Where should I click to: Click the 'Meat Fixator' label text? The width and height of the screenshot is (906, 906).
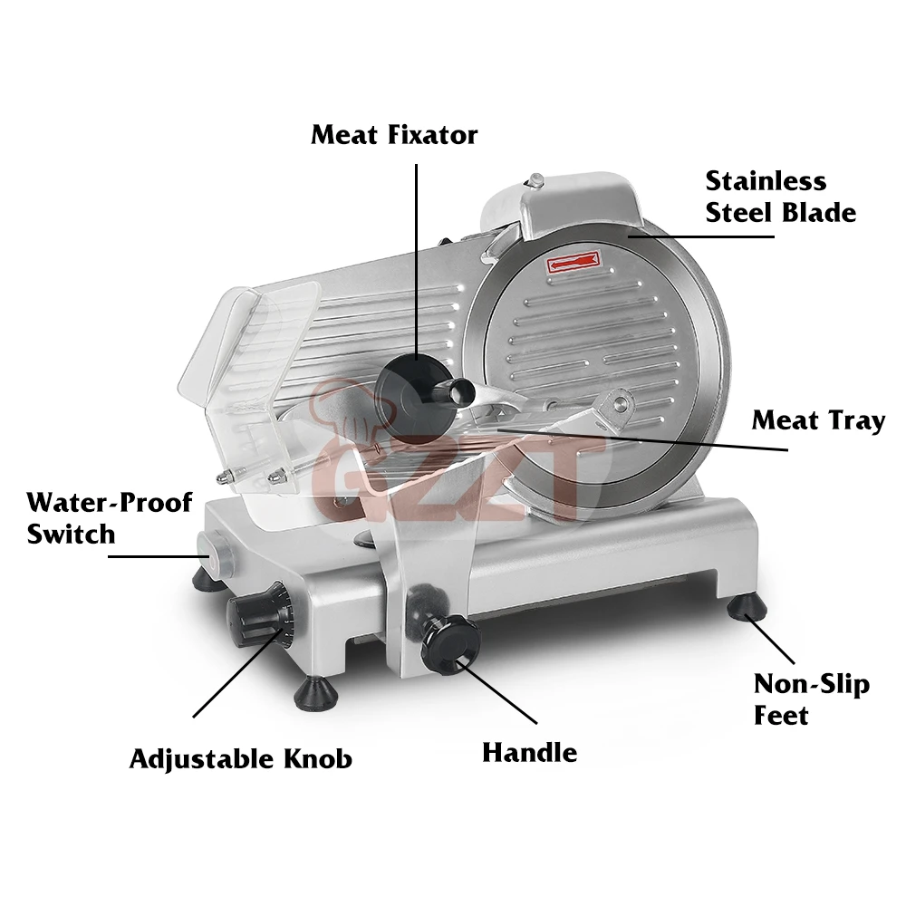pyautogui.click(x=393, y=136)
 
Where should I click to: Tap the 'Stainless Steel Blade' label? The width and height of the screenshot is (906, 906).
pyautogui.click(x=780, y=197)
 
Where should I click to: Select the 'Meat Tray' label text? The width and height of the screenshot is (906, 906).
pyautogui.click(x=818, y=421)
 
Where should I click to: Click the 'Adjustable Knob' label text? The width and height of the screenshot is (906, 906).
pyautogui.click(x=240, y=757)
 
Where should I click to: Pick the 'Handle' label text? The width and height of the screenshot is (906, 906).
pyautogui.click(x=529, y=752)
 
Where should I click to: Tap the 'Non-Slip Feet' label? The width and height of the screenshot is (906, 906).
pyautogui.click(x=812, y=699)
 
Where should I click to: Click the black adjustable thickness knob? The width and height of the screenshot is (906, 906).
pyautogui.click(x=257, y=619)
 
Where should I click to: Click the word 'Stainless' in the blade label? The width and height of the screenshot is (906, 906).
pyautogui.click(x=766, y=180)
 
